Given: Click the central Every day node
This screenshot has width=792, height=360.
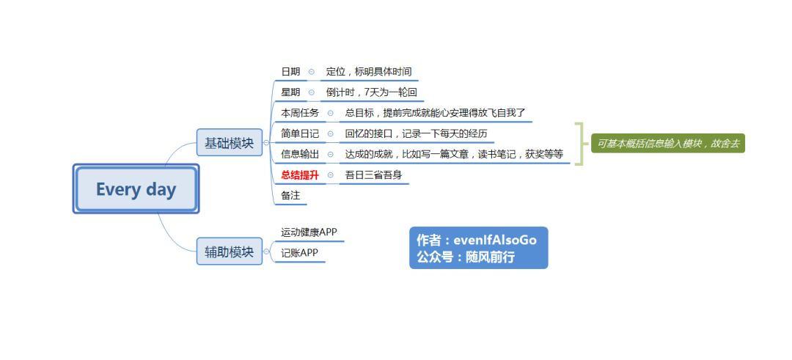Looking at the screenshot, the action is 136,189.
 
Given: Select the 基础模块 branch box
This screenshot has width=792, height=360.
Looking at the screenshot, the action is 229,143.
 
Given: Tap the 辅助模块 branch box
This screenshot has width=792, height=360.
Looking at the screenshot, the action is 229,251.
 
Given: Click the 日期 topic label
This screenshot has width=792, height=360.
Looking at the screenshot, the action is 290,72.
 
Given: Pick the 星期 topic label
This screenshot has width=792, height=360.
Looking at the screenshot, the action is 290,92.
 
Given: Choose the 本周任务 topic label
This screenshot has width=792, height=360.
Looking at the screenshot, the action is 300,113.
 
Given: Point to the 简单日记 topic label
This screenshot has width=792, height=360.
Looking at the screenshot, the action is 300,133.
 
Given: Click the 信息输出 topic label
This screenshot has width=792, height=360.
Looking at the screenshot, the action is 300,154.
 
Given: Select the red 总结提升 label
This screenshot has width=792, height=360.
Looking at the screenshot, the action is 300,175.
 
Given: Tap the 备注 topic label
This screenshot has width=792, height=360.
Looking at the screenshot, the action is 290,195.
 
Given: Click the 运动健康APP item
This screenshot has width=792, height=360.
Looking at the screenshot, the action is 309,232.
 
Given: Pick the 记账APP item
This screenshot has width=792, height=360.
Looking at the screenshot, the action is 299,253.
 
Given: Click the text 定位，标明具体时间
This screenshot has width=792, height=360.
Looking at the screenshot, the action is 369,72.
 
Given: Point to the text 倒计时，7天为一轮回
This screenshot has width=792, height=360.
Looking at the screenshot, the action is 371,92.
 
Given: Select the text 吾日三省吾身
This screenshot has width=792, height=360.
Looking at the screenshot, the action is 373,175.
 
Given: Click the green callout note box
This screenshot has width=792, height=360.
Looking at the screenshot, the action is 667,144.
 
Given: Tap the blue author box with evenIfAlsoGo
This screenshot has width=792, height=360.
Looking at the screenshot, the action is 478,248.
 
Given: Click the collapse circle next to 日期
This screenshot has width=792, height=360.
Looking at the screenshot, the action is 312,72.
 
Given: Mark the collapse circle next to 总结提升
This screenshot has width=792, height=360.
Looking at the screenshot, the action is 331,175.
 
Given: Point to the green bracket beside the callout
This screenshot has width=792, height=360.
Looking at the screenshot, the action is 579,144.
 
